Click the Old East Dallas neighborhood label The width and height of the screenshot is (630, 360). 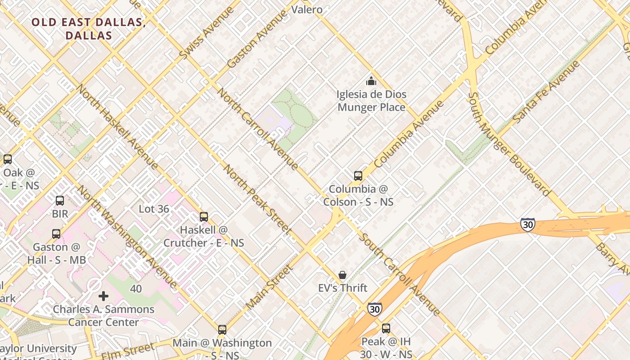[x=88, y=29]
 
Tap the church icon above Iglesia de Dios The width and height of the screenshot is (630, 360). [x=371, y=81]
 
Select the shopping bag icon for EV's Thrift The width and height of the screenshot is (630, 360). [x=342, y=275]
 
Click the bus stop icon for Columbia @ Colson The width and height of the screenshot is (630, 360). [x=358, y=176]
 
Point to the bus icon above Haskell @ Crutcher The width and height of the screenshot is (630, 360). [x=204, y=217]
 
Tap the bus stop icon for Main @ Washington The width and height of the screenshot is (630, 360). [x=222, y=330]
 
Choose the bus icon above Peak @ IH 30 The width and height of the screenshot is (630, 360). [x=386, y=328]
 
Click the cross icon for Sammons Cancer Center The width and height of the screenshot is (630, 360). [x=103, y=296]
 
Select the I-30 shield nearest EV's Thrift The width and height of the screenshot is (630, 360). [x=374, y=309]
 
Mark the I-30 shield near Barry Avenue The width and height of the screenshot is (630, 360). [x=527, y=225]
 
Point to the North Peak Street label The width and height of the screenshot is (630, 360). [x=258, y=199]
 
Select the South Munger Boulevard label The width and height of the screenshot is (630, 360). [x=509, y=144]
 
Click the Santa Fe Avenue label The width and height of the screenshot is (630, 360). [x=546, y=92]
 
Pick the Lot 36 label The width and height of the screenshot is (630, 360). [x=154, y=209]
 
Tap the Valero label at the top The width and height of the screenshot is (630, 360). [x=307, y=9]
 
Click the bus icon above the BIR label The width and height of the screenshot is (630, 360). [x=60, y=201]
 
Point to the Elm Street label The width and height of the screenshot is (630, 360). [x=128, y=351]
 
